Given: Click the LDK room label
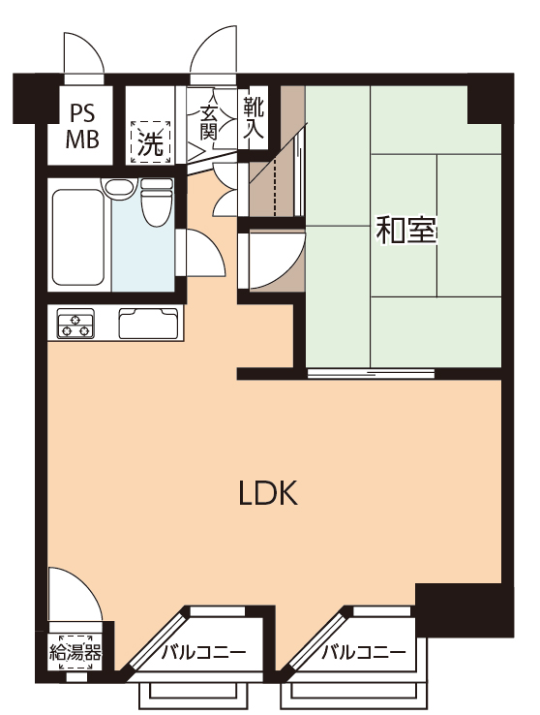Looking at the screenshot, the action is coord(268,492).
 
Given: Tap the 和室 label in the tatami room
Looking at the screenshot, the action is coord(405,231).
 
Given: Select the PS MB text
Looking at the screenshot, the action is coord(82,127).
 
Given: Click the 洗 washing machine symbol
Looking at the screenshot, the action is coord(151,141).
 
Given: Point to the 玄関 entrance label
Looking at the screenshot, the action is coord(208,123).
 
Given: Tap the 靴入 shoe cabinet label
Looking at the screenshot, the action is coord(254,117).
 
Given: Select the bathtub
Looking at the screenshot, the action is coord(77,237).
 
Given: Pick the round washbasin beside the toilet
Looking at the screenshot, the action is coord(120,187).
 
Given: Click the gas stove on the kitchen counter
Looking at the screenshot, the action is coord(75,324).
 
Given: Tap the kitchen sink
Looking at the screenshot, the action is coord(148,324).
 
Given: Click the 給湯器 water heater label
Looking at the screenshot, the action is coord(75,654).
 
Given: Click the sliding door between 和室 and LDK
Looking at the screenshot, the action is coord(371,374).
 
